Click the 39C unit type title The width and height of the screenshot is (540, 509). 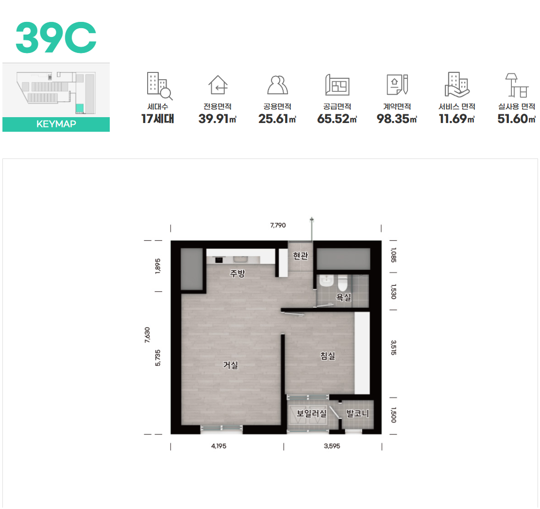(56, 37)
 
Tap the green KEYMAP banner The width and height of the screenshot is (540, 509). (56, 124)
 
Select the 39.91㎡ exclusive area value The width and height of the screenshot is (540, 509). (217, 119)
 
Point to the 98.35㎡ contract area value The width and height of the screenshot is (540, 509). (397, 119)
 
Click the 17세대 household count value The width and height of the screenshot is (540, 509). (158, 119)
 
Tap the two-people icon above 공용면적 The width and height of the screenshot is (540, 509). (277, 85)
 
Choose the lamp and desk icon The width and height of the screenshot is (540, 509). (517, 85)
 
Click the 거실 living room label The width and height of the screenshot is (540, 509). (230, 365)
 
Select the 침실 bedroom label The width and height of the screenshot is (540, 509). (327, 355)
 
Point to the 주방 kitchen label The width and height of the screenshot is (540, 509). (237, 274)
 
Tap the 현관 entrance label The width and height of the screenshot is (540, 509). (300, 256)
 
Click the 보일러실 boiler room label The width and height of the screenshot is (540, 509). (312, 413)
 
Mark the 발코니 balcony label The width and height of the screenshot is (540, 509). (357, 413)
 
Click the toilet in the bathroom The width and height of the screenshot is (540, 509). (342, 283)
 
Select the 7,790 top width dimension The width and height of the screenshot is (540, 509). (278, 225)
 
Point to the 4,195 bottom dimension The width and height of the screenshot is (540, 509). (219, 446)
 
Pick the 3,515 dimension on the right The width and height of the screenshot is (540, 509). (394, 348)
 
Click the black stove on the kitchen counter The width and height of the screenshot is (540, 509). (219, 260)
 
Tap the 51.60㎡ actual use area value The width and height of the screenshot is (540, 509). (516, 119)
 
